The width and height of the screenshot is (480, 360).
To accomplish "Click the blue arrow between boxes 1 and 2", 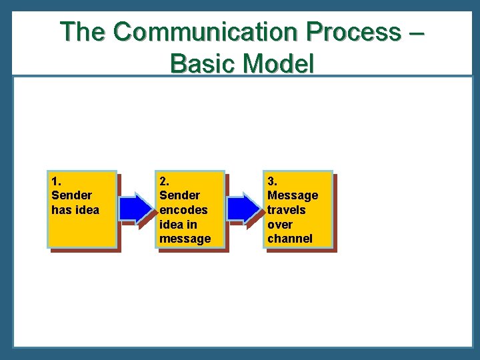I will click(137, 208).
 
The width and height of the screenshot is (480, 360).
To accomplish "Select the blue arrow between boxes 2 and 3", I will click(245, 208).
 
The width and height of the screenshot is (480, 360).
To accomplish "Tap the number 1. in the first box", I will click(56, 181).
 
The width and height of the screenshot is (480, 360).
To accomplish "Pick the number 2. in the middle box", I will click(164, 181).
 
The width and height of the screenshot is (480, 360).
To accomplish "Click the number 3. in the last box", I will click(272, 181).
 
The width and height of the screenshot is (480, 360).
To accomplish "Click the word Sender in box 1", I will click(71, 195).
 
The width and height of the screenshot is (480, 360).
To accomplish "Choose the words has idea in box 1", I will click(75, 210).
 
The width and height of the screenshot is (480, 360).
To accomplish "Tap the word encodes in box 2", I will click(183, 210).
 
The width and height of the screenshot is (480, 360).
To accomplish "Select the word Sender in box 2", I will click(179, 195).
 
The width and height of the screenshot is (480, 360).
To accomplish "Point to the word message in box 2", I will click(185, 239).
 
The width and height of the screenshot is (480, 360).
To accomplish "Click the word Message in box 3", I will click(293, 195).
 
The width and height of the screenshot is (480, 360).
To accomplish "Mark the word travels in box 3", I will click(286, 210).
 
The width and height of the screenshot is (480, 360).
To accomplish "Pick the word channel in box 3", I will click(289, 239).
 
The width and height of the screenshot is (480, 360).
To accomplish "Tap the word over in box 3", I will click(279, 225).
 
